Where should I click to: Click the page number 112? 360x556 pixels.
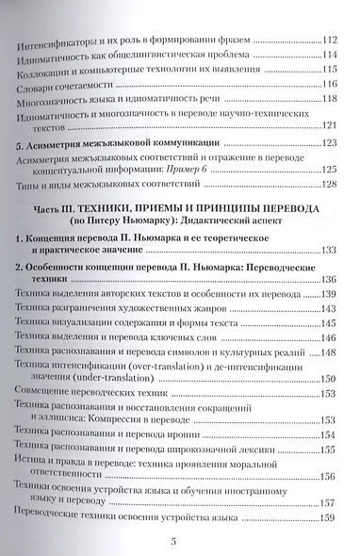[330, 40]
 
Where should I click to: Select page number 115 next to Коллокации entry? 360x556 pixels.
[329, 69]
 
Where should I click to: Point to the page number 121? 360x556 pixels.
[329, 126]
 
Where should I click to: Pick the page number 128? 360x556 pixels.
[329, 184]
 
